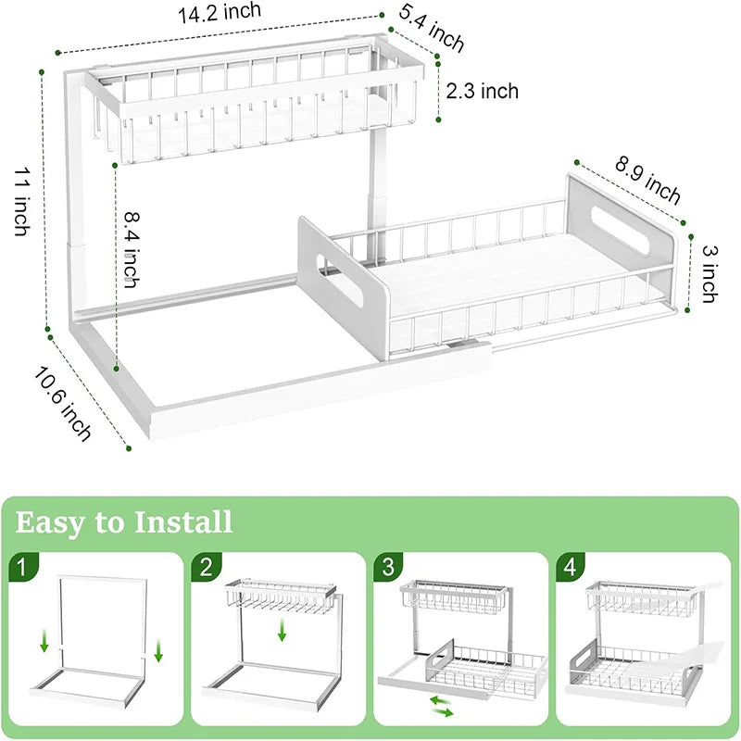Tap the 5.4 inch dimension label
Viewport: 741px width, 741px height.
click(x=432, y=28)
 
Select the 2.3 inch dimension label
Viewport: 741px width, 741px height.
click(x=482, y=91)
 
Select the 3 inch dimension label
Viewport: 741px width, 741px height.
click(x=708, y=272)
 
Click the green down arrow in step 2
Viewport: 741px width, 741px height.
click(x=282, y=631)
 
